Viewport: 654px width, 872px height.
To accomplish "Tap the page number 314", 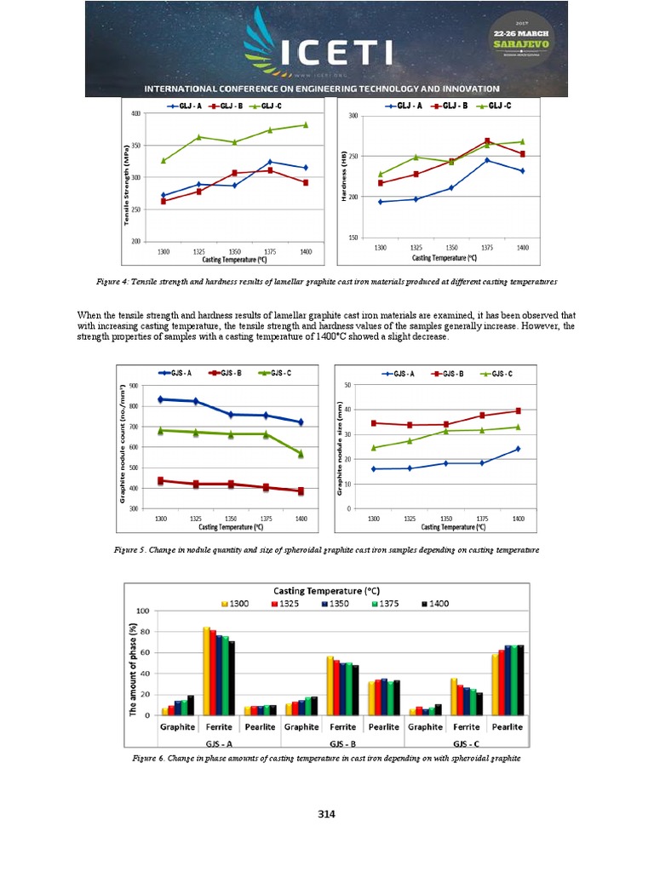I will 327,814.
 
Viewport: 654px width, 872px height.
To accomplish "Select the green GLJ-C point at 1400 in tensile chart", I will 306,124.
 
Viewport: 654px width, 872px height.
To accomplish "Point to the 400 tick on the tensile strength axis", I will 136,113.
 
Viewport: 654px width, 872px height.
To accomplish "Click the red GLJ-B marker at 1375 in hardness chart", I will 487,141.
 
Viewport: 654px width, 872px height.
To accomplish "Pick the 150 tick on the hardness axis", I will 364,238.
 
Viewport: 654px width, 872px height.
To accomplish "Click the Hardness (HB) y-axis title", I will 346,177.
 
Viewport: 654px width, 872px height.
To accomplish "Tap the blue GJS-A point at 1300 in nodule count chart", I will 160,399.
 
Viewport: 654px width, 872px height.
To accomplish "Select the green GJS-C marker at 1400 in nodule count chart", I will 301,453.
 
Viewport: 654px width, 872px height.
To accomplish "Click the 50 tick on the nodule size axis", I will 347,385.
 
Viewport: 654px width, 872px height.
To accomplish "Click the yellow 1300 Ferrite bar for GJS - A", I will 206,671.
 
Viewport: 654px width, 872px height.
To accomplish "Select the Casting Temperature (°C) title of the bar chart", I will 325,590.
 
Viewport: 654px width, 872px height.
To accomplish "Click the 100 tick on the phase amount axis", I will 143,611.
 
